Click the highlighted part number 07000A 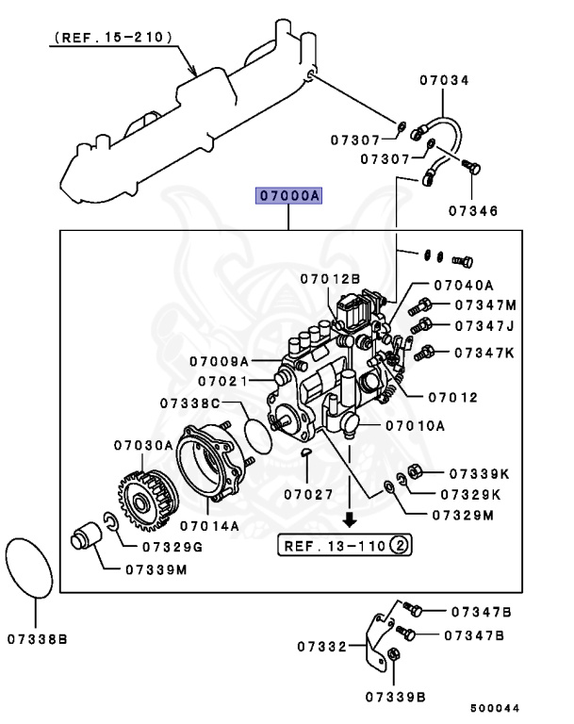coord(288,196)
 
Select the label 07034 coord(443,81)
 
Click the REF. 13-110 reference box coord(345,544)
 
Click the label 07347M coord(485,305)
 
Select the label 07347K coord(485,353)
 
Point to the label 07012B coord(330,278)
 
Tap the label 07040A coord(465,285)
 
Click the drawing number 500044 coord(495,708)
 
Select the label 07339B coord(396,697)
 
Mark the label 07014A coord(210,524)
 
